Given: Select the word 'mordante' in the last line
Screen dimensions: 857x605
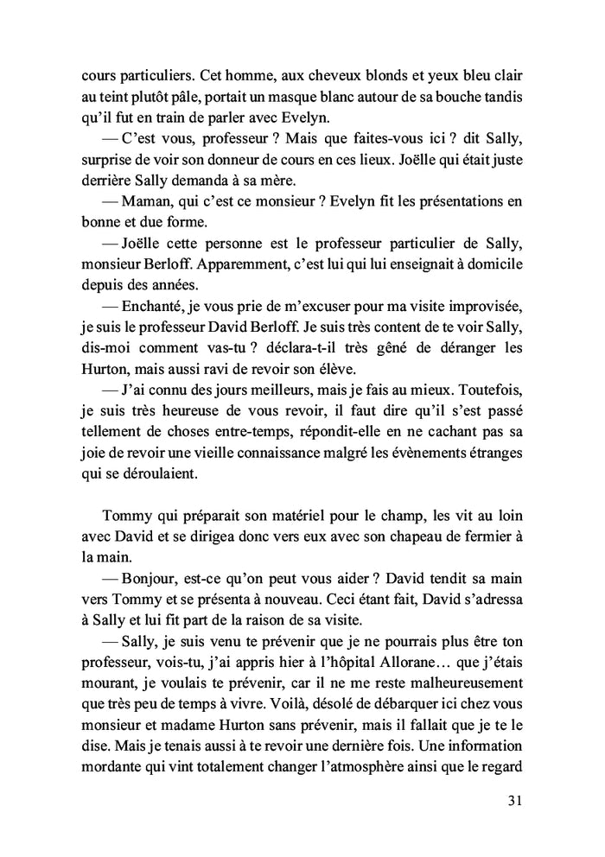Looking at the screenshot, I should tap(106, 769).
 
